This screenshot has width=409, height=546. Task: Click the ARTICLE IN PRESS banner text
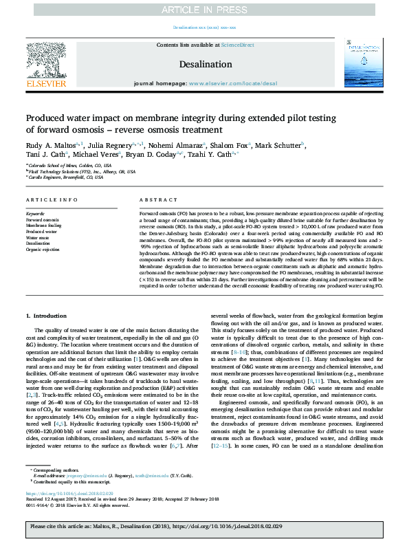tap(204, 9)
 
